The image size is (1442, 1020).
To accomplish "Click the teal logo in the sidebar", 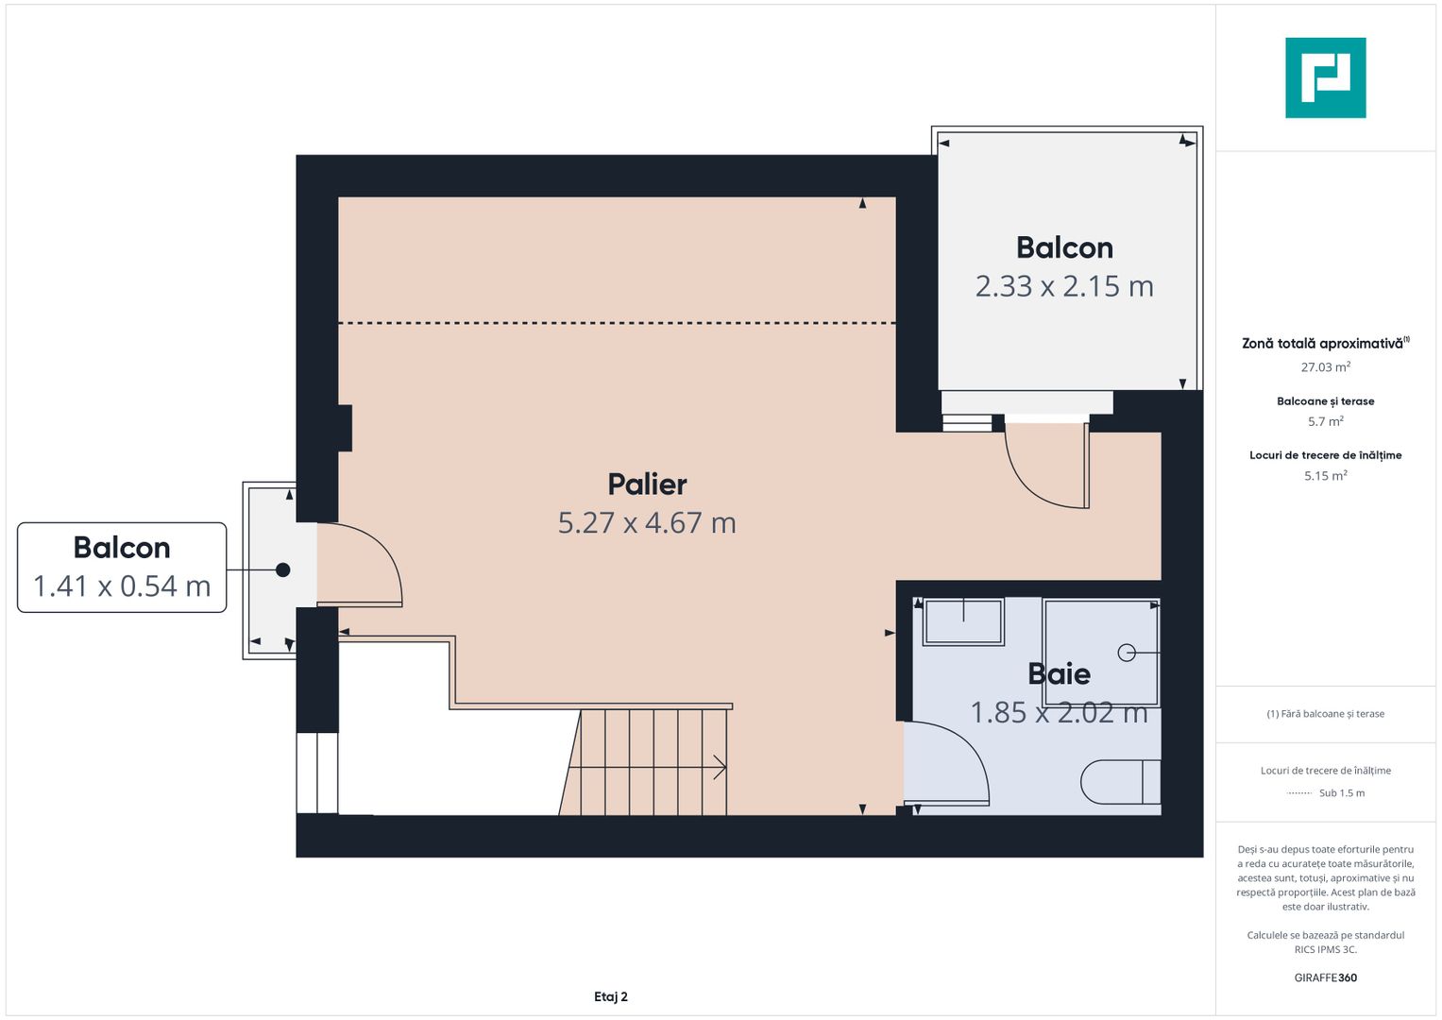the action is tap(1326, 77).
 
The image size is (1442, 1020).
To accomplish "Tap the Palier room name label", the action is tap(647, 484).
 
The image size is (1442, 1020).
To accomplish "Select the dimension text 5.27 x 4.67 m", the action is tap(647, 522).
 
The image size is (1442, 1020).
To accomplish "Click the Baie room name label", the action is tap(1059, 674).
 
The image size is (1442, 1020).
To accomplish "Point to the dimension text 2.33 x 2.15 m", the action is tap(1064, 286).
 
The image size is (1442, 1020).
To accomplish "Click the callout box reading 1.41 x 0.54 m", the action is tap(122, 568).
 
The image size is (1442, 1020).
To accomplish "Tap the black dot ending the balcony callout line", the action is tap(282, 569).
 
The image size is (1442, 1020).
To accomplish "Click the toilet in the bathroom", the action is tap(1120, 782).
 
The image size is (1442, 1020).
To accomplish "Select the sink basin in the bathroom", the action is tap(963, 621).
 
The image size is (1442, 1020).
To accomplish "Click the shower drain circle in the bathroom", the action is tap(1127, 653).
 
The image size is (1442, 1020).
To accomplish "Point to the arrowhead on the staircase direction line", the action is tap(721, 768).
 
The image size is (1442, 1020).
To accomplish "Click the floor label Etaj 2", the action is tap(610, 996).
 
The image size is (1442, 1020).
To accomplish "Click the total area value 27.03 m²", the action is tap(1326, 367).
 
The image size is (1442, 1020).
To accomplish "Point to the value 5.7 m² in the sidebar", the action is tap(1326, 421).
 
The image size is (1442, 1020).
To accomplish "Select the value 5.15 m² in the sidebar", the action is tap(1326, 475).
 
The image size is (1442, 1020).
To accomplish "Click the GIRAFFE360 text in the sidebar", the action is tap(1326, 977).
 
